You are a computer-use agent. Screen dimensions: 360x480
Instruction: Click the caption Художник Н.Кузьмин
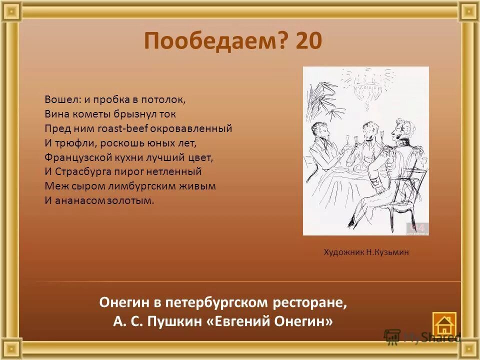366,252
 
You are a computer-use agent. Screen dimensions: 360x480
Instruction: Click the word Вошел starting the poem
59,99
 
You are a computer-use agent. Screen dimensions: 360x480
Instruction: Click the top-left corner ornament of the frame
9,9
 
